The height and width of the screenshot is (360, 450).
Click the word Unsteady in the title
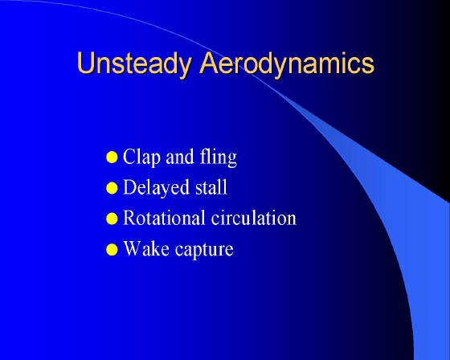(x=134, y=64)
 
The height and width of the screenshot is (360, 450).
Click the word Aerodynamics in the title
(x=288, y=64)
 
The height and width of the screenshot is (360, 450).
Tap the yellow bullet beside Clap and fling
(x=112, y=157)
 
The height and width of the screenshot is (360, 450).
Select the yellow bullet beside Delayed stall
(x=112, y=188)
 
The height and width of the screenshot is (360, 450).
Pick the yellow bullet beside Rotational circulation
(x=112, y=219)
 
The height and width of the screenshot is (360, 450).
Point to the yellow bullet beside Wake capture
(x=112, y=249)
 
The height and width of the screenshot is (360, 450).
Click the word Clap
(x=141, y=157)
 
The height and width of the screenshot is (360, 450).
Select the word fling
(x=218, y=157)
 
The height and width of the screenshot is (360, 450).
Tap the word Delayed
(x=156, y=187)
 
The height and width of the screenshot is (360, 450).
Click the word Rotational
(x=164, y=218)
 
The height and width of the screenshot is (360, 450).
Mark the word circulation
(x=254, y=218)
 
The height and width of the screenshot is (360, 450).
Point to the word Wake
(x=146, y=248)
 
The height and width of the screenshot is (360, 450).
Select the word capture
(x=204, y=250)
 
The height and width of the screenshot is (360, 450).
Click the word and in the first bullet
(x=180, y=157)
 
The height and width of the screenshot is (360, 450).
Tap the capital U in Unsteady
(x=86, y=63)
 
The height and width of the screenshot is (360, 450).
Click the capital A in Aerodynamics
(x=210, y=63)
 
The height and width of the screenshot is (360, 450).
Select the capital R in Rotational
(x=129, y=218)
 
